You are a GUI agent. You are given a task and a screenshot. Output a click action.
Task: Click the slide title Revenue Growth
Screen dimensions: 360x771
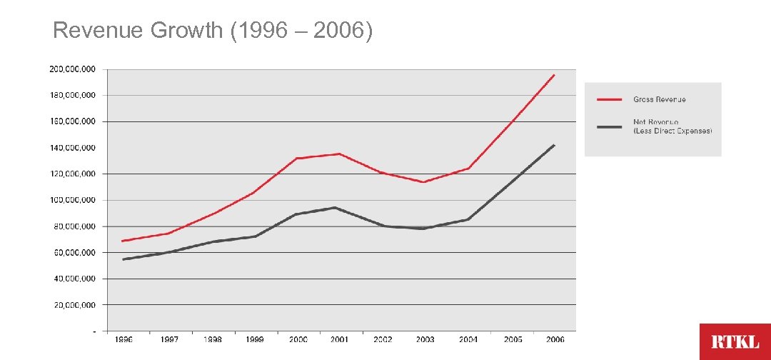[x=213, y=31]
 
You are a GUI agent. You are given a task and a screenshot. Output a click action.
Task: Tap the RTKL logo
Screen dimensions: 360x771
[x=735, y=341]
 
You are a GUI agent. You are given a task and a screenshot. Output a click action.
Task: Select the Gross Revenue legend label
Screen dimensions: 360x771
[x=659, y=99]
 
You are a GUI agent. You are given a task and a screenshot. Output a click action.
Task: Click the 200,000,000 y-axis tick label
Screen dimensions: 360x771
[x=73, y=69]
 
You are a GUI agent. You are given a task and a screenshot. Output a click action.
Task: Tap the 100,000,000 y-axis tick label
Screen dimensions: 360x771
[x=73, y=200]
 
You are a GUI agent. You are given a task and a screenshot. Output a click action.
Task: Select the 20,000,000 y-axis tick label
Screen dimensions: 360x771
[x=75, y=305]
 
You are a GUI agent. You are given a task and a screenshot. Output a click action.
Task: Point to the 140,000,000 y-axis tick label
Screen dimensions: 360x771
[x=73, y=148]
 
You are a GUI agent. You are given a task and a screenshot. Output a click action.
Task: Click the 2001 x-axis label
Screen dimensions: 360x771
[x=339, y=339]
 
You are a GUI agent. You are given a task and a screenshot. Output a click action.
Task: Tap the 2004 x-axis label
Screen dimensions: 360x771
[x=468, y=339]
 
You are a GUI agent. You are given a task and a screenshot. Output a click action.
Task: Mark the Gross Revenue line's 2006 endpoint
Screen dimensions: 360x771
[x=554, y=74]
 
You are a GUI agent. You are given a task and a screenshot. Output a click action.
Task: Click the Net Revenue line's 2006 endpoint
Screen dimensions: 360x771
[x=554, y=145]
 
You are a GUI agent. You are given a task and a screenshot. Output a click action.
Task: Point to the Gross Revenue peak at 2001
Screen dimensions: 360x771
[x=339, y=154]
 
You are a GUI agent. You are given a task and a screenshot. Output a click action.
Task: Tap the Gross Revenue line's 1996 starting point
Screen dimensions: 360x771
[x=124, y=241]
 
